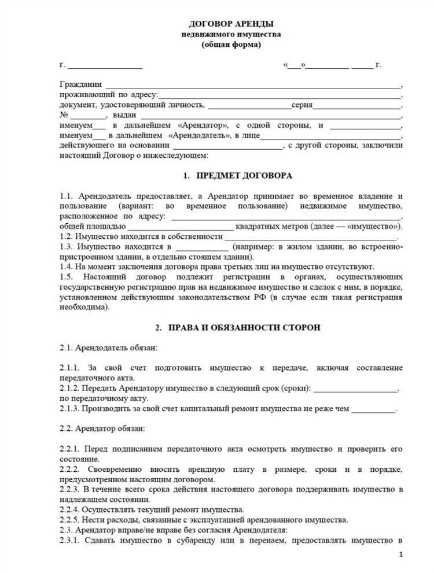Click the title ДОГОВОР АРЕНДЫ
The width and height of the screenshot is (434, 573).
coord(231,24)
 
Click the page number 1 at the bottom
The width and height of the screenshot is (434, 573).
coord(401,554)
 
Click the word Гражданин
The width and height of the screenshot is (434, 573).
coord(80,84)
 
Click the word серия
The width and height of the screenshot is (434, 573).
coord(302,105)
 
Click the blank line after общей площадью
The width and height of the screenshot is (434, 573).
coord(181,226)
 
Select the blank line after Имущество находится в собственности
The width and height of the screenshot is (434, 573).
coord(311,236)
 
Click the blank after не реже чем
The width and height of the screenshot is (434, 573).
coord(373,409)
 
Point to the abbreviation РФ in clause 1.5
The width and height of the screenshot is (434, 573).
coord(259,297)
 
